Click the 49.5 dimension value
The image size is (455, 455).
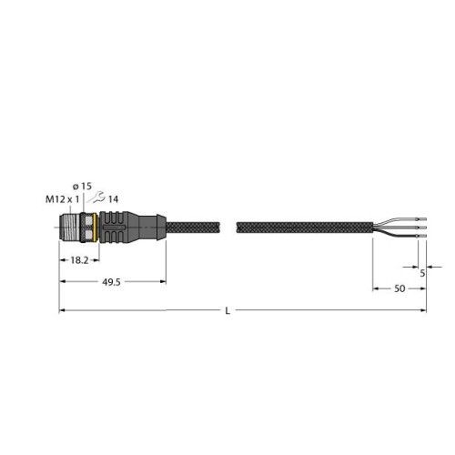tap(111, 284)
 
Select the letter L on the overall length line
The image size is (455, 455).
tap(227, 311)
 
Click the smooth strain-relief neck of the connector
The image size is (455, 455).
tap(152, 225)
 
